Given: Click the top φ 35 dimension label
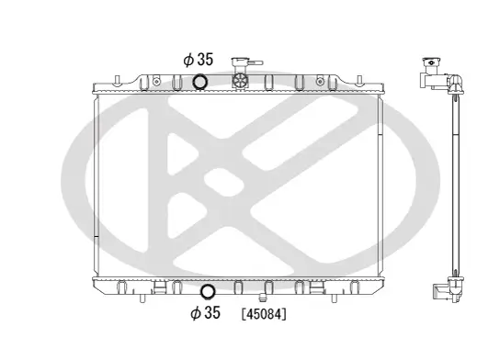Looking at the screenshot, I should [198, 60].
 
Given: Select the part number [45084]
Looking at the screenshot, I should [264, 314].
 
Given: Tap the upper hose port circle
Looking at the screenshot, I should [200, 83].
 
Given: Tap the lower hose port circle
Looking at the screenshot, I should [207, 293].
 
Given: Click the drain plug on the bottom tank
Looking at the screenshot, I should [264, 296].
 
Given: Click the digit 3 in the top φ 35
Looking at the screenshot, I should [201, 60].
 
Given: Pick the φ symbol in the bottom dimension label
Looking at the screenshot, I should [195, 314].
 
